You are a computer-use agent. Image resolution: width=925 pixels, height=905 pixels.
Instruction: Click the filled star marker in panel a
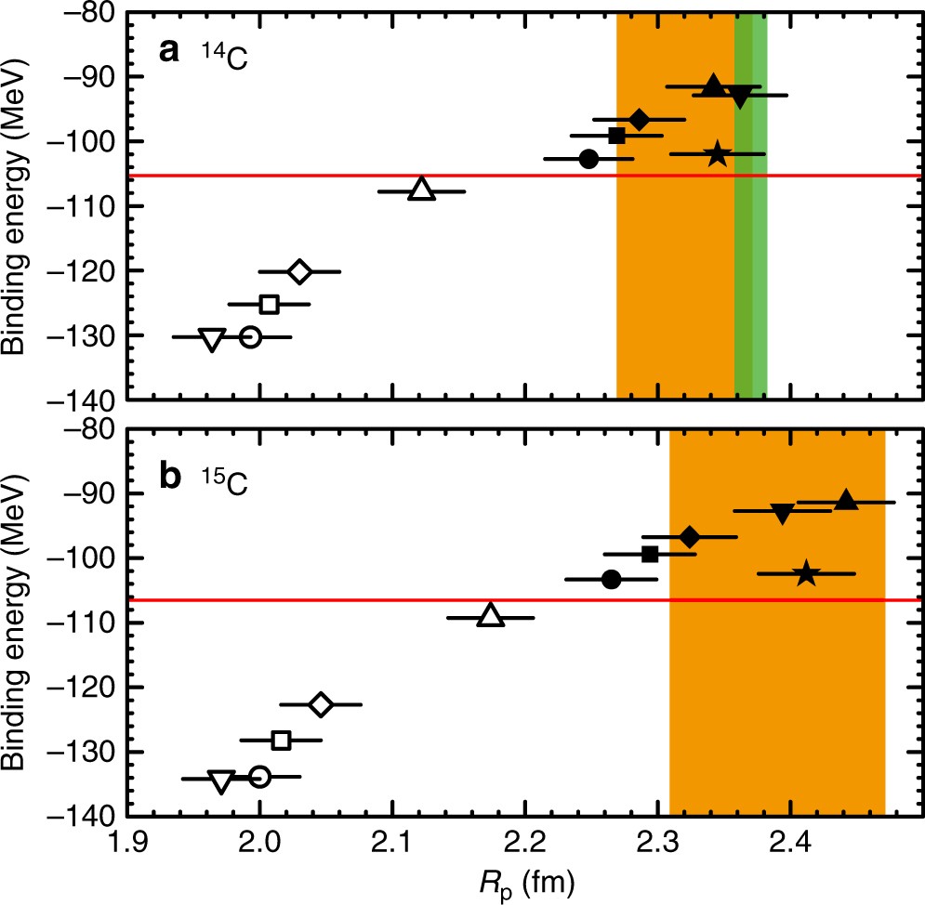(717, 153)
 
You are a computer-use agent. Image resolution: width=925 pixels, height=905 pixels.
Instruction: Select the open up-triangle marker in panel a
(422, 190)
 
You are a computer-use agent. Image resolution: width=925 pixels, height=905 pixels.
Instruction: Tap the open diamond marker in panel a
(299, 271)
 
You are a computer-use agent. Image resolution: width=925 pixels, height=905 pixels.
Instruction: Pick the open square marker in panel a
(270, 304)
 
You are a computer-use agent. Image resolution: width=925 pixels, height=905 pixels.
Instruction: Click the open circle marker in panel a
(250, 336)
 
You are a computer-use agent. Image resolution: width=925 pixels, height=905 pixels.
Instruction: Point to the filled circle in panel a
(588, 159)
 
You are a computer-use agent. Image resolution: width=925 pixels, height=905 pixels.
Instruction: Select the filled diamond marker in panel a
(639, 119)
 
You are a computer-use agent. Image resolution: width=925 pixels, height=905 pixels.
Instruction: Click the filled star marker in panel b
(806, 574)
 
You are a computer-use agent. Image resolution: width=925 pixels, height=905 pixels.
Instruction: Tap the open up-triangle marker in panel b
(491, 616)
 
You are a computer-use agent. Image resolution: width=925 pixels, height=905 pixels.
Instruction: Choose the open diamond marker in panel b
(321, 704)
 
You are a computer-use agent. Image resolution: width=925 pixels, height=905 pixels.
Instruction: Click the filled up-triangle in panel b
(845, 501)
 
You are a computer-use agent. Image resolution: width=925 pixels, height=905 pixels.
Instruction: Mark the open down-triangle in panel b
(221, 780)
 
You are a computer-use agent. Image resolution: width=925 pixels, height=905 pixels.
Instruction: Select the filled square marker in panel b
(651, 554)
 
